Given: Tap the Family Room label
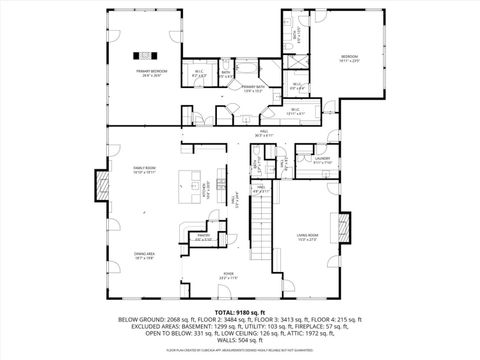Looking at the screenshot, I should pyautogui.click(x=145, y=170).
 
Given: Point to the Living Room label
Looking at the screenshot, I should pyautogui.click(x=307, y=236).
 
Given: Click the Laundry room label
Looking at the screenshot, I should pyautogui.click(x=322, y=159).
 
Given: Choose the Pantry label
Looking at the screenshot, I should pyautogui.click(x=203, y=237).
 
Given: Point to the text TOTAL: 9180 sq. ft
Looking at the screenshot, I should pyautogui.click(x=240, y=312).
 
